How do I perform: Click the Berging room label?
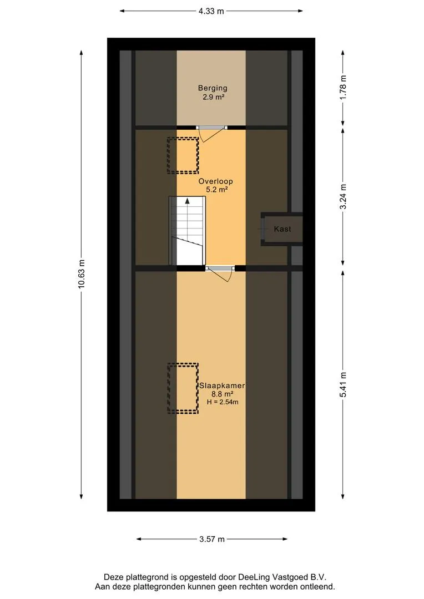(x=213, y=88)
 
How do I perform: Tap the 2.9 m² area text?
(x=213, y=97)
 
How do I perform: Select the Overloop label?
(x=216, y=181)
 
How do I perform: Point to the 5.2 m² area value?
(x=217, y=190)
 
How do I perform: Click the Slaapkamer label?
(x=222, y=386)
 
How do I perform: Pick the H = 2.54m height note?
(x=223, y=402)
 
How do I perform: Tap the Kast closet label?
(x=282, y=229)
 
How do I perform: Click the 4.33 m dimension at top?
(x=211, y=11)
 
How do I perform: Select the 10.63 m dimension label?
(x=81, y=275)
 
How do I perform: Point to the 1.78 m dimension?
(x=343, y=88)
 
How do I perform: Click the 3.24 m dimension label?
(x=343, y=197)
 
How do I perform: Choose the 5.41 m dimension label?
(x=343, y=385)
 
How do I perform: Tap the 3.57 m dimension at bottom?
(x=212, y=540)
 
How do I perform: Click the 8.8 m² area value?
(x=223, y=394)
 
